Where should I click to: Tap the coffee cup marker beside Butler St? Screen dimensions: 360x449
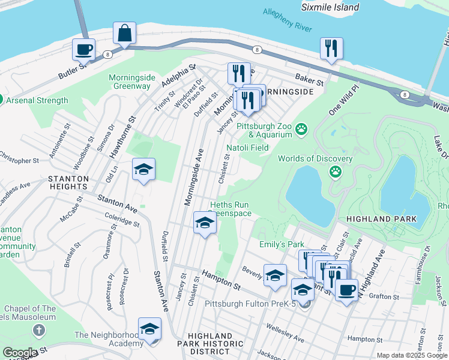pyautogui.click(x=83, y=49)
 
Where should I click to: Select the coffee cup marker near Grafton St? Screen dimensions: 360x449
pyautogui.click(x=346, y=291)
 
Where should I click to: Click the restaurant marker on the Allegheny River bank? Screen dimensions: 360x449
pyautogui.click(x=331, y=49)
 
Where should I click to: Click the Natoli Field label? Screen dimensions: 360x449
pyautogui.click(x=247, y=148)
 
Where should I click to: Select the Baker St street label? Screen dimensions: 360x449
pyautogui.click(x=309, y=78)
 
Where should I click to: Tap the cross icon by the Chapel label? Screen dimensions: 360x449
pyautogui.click(x=39, y=330)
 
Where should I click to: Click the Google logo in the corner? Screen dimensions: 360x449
pyautogui.click(x=20, y=353)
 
